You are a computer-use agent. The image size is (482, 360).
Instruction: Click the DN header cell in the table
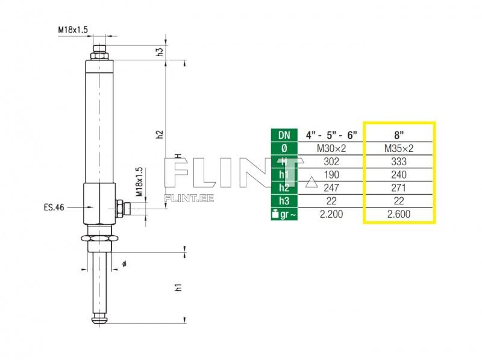[284, 134]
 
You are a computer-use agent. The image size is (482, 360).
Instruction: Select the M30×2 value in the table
[331, 148]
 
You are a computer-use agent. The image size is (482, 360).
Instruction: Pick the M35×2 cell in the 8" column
[398, 148]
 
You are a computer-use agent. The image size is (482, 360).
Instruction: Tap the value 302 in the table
[331, 161]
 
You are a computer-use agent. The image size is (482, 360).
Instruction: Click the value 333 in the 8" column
[398, 161]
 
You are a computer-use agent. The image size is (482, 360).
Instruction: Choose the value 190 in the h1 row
[331, 174]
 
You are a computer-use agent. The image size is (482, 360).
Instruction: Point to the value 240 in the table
[398, 174]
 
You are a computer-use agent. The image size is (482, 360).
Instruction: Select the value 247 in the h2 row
[331, 188]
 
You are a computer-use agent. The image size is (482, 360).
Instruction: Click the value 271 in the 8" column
[398, 188]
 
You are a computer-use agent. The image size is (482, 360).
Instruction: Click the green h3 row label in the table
[284, 201]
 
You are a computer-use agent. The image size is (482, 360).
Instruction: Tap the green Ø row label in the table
[284, 148]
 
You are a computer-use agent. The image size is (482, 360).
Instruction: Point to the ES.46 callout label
[54, 207]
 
